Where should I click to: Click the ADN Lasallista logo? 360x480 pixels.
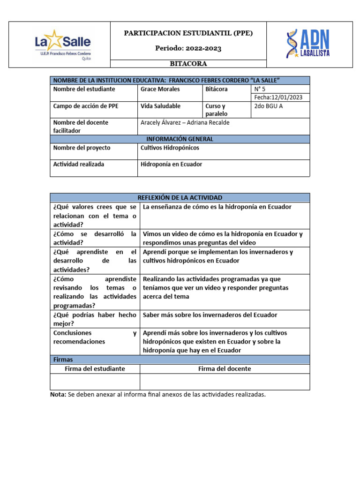[308, 44]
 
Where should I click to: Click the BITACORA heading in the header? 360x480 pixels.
[188, 64]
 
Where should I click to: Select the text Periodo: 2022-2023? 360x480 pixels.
[188, 48]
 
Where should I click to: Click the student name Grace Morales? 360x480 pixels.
[160, 89]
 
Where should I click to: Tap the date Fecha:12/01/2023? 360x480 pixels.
[278, 97]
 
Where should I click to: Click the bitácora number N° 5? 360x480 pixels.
[260, 89]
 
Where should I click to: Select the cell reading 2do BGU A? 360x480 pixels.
[268, 106]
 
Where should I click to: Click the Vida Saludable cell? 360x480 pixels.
[160, 106]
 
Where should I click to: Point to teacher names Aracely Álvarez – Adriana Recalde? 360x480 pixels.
[185, 122]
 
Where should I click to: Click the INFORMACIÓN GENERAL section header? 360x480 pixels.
[180, 139]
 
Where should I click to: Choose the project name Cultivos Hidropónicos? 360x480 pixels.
[170, 148]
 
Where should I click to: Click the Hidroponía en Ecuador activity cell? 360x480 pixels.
[171, 165]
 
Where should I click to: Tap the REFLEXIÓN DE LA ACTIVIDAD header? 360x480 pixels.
[180, 198]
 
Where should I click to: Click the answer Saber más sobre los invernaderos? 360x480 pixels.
[210, 315]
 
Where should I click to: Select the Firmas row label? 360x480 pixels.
[63, 360]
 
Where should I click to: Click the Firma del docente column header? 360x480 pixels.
[224, 369]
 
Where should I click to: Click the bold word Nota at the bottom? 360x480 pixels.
[58, 395]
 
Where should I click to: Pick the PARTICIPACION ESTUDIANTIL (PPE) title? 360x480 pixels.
[188, 33]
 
